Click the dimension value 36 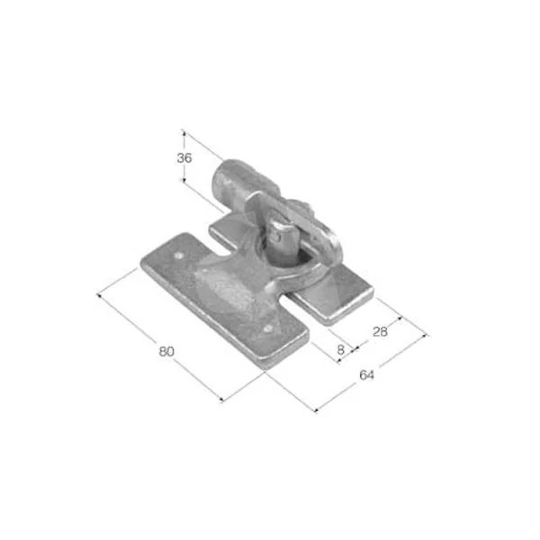[184, 158]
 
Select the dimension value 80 [166, 352]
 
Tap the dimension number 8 [340, 350]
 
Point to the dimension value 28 [380, 331]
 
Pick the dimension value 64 [366, 375]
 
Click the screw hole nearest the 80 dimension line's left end [179, 256]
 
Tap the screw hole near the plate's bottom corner [267, 329]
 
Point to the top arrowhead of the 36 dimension [184, 132]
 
